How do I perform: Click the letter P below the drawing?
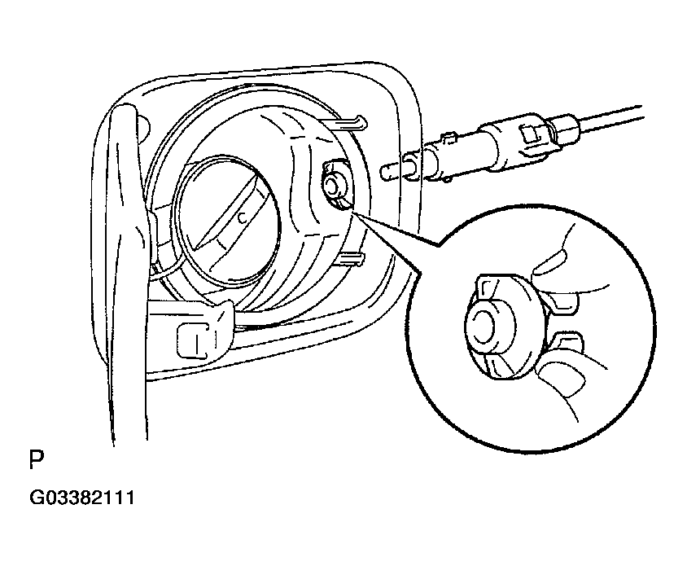[x=37, y=459]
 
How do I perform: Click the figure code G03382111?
[x=82, y=498]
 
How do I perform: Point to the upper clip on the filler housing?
[x=346, y=122]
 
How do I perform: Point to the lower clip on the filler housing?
[x=348, y=259]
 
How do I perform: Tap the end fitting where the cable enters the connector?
[x=565, y=126]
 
